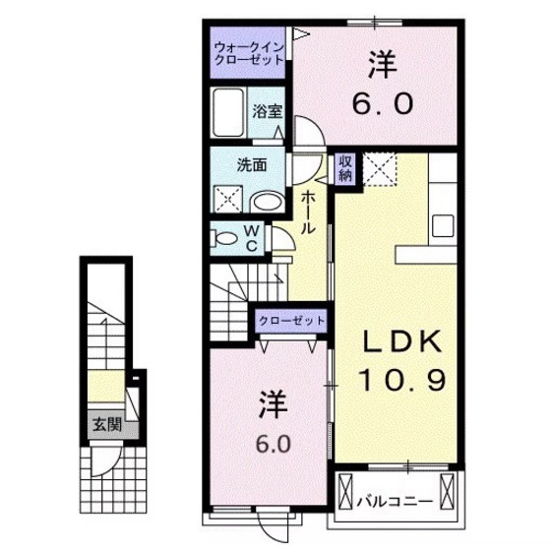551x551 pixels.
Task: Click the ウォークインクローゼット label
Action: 249,53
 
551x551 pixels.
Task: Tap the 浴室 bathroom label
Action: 267,111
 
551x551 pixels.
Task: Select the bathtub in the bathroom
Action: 228,112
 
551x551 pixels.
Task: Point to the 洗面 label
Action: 252,165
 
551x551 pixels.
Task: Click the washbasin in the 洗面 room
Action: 267,202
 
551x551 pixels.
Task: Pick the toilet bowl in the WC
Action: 225,239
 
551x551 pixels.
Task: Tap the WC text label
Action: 252,239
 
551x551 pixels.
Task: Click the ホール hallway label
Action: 308,213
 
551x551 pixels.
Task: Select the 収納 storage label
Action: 345,168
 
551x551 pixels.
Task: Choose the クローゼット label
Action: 291,321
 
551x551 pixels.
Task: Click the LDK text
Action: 402,341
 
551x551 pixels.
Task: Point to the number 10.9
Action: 402,380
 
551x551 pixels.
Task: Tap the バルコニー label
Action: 395,502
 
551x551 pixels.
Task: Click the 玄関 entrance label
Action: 107,425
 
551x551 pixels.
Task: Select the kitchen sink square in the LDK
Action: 443,226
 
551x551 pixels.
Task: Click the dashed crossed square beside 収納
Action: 380,169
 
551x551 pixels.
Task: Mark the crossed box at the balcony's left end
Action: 344,492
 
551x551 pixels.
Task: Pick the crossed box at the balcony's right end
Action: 448,492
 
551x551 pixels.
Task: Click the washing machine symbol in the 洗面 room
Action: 228,199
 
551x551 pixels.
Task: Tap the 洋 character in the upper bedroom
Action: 383,65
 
